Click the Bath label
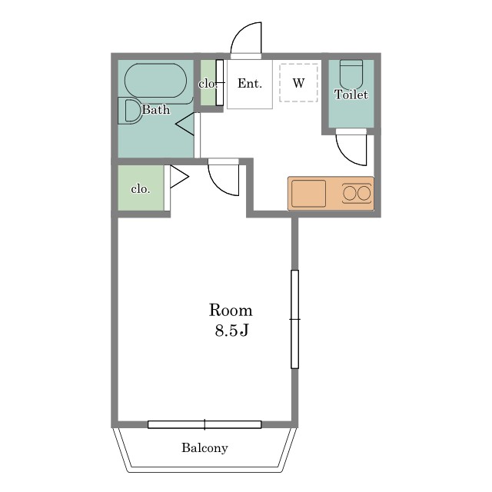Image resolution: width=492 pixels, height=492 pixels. click(x=156, y=109)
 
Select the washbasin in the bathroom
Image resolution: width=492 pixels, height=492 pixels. click(x=130, y=111)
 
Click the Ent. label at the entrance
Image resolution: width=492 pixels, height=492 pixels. click(x=250, y=84)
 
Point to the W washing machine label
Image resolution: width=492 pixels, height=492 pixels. click(x=298, y=83)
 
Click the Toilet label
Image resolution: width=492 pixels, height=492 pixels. click(x=351, y=95)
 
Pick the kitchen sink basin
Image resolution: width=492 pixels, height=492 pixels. click(x=308, y=193)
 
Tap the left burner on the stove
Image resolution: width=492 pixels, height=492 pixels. click(x=350, y=193)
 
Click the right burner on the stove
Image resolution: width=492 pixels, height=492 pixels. click(x=364, y=193)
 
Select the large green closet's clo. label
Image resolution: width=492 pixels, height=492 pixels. click(x=141, y=189)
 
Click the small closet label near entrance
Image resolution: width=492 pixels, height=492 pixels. click(x=208, y=84)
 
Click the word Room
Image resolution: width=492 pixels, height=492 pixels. click(x=231, y=311)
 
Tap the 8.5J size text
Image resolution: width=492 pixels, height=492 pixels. click(x=231, y=330)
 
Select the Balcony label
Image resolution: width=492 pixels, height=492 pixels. click(x=204, y=447)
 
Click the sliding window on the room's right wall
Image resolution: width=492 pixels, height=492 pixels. click(x=294, y=319)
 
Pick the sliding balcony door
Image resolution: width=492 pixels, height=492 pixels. click(x=204, y=424)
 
